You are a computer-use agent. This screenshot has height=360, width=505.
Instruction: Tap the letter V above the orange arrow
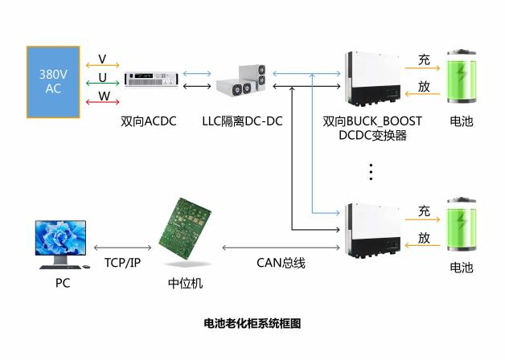pos(102,59)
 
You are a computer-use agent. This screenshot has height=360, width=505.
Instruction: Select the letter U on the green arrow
pos(102,77)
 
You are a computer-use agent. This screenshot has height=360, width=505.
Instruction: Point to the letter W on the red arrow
pos(103,96)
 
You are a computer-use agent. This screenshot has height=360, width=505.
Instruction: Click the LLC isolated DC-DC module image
pos(241,80)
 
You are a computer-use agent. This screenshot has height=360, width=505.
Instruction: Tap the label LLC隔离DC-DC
pos(242,122)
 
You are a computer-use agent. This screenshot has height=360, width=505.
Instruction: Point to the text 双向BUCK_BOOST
pos(372,122)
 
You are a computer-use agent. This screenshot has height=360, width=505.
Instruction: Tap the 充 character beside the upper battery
pos(424,59)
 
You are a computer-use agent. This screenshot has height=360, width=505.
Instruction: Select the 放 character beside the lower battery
pos(424,238)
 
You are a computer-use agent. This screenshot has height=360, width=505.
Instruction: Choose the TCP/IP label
pos(122,263)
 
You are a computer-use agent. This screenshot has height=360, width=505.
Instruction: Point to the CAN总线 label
pos(281,263)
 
